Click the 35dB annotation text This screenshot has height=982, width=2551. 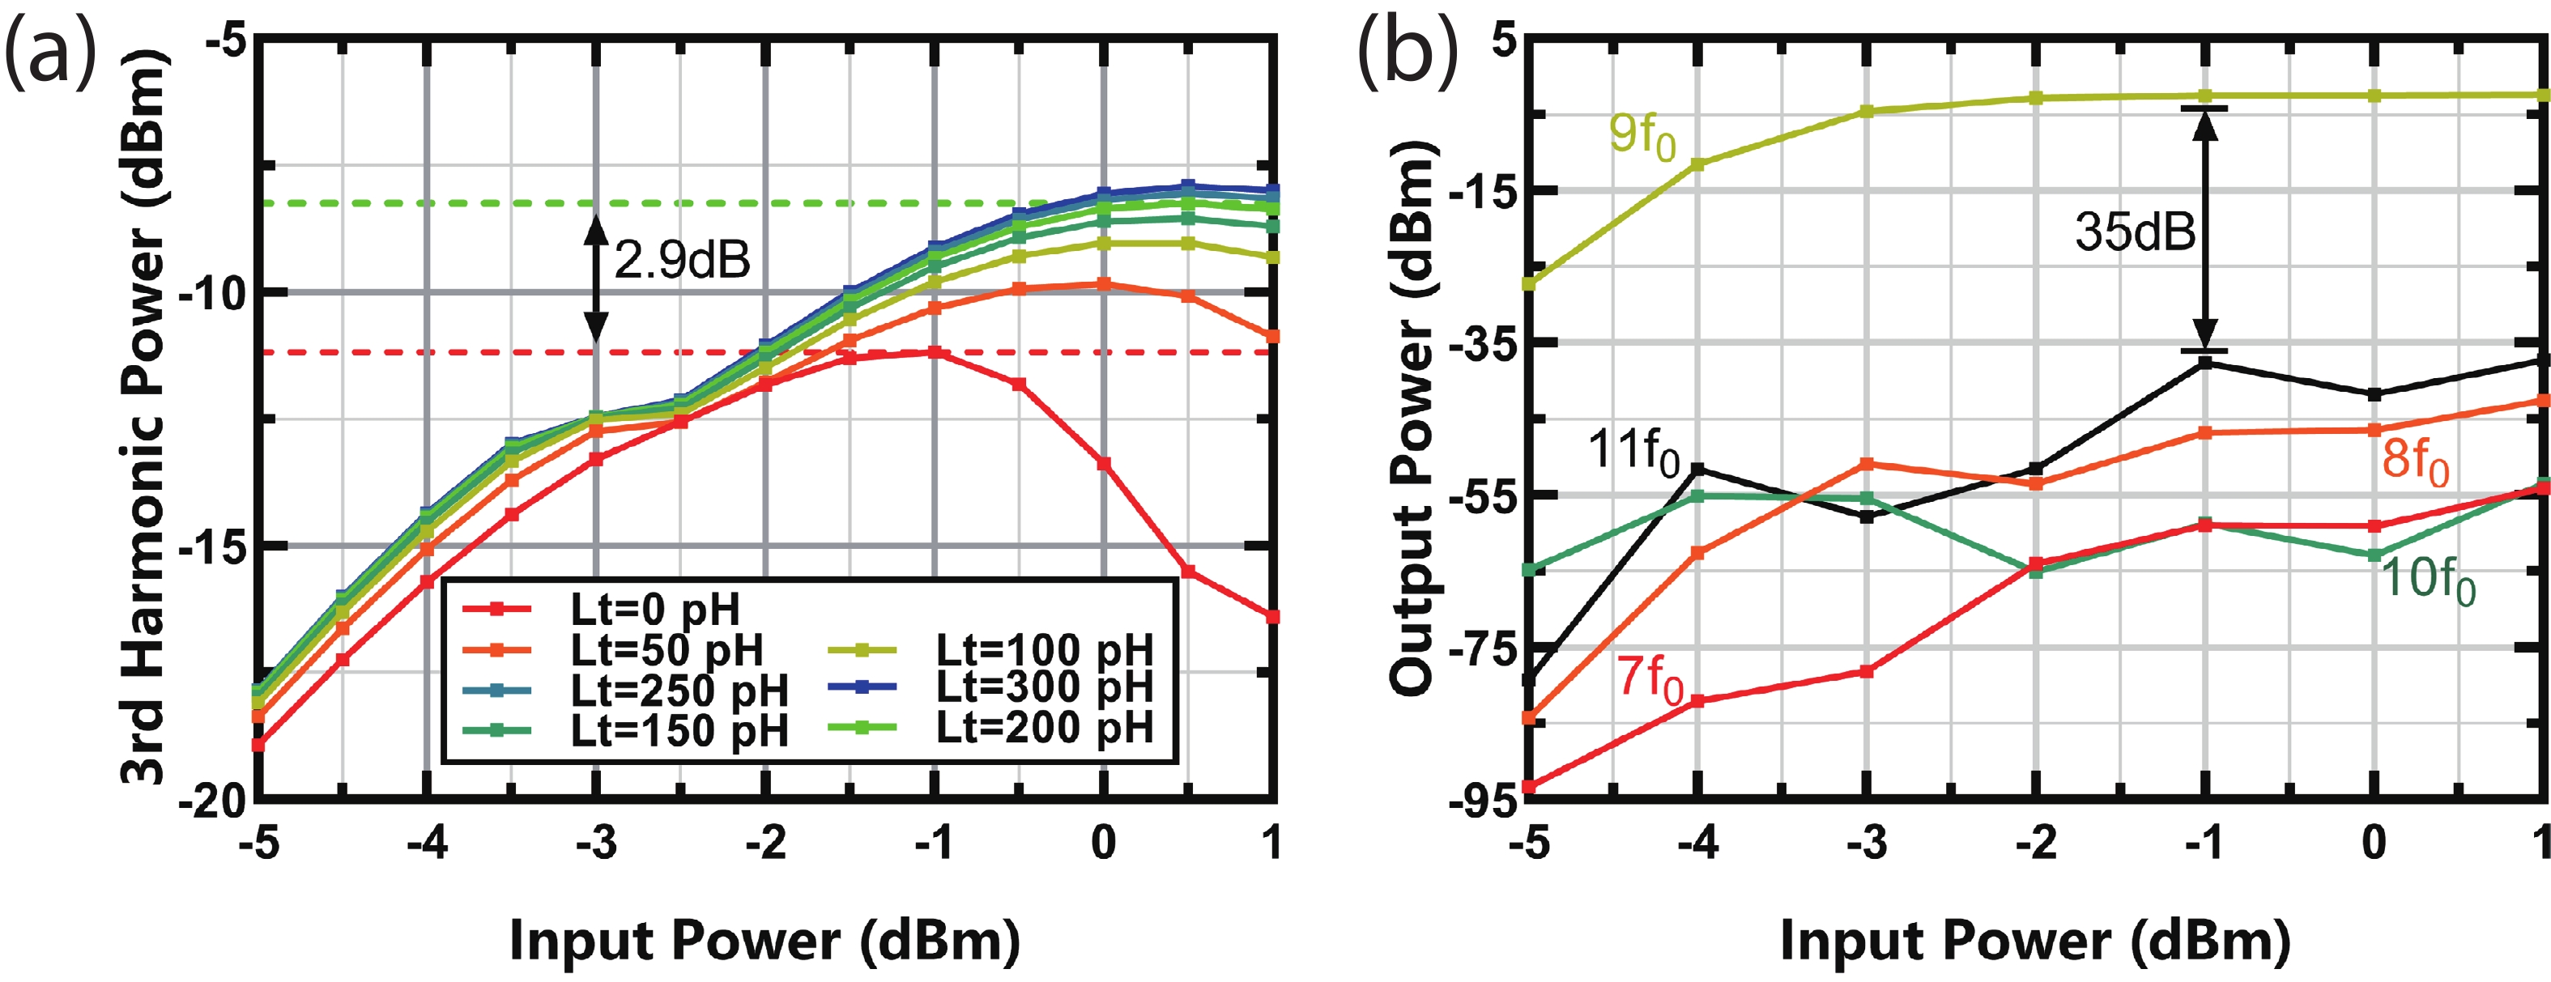[x=2134, y=232]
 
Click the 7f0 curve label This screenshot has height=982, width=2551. [x=1650, y=680]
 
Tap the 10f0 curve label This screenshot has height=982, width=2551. [x=2427, y=579]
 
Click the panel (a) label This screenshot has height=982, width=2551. [x=52, y=54]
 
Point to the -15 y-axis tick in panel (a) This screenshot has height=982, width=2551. [x=210, y=546]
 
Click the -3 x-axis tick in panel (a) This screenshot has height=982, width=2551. [x=596, y=844]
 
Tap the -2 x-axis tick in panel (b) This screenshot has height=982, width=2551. [x=2035, y=844]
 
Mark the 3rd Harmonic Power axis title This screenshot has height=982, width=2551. [x=143, y=416]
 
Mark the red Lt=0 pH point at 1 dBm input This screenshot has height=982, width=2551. [x=1272, y=617]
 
